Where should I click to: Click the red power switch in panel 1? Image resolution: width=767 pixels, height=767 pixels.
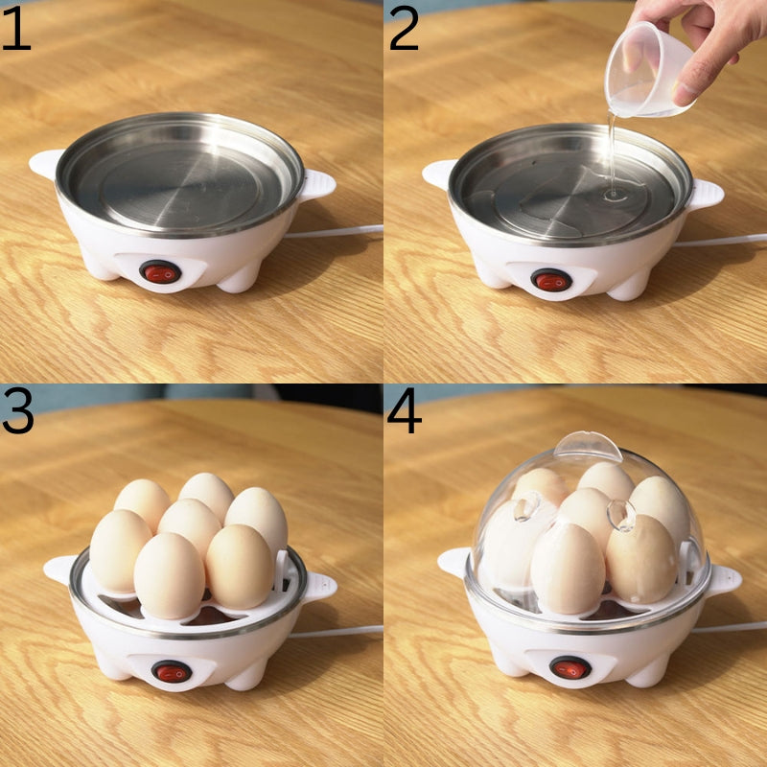pyautogui.click(x=160, y=272)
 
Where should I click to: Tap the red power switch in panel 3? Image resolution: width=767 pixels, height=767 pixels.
pyautogui.click(x=171, y=672)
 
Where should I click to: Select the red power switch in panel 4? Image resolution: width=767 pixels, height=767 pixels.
pyautogui.click(x=569, y=667)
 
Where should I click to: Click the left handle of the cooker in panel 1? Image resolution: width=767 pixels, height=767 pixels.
pyautogui.click(x=45, y=163)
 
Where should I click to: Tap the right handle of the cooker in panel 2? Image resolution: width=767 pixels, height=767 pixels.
pyautogui.click(x=707, y=194)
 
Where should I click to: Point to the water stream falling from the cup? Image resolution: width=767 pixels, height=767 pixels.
pyautogui.click(x=609, y=153)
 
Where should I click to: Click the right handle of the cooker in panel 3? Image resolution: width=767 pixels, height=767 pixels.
pyautogui.click(x=320, y=586)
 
